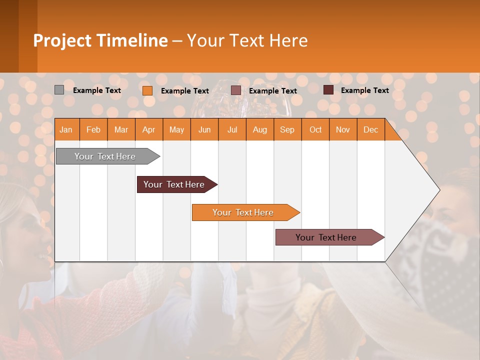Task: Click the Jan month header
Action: click(66, 130)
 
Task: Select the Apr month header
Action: click(148, 130)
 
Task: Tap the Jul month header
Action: click(232, 130)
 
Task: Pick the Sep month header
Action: click(287, 130)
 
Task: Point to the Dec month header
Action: click(370, 130)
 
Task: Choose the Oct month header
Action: click(315, 130)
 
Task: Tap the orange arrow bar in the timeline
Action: click(243, 212)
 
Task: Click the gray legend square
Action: click(59, 90)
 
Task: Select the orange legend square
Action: click(147, 90)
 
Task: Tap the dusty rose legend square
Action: click(236, 90)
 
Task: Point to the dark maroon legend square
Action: click(328, 90)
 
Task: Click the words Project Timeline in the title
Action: click(100, 40)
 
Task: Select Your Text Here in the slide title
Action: click(247, 40)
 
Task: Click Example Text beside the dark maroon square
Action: click(364, 90)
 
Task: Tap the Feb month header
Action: click(93, 130)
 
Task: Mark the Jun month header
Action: click(204, 130)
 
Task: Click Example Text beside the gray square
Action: click(96, 90)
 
